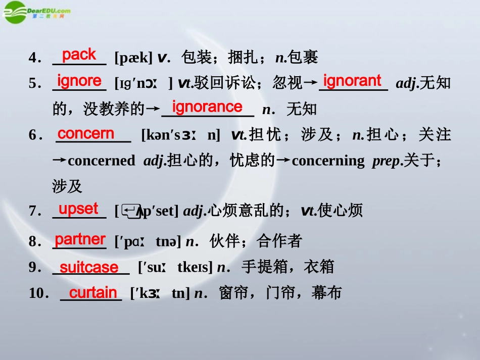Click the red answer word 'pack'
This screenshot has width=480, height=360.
tap(79, 54)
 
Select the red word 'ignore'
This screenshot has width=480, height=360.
tap(79, 80)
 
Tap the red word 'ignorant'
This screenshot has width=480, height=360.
tap(352, 80)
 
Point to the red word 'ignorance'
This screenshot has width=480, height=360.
tap(207, 107)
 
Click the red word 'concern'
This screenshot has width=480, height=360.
tap(86, 133)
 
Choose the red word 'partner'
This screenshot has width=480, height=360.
tap(80, 239)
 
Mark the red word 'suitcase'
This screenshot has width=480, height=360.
tap(89, 267)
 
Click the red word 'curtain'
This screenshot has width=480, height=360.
tap(93, 292)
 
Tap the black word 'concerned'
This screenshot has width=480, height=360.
tap(101, 161)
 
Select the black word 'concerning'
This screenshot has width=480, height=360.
tap(328, 161)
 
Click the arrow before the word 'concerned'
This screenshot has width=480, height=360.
tap(59, 161)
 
